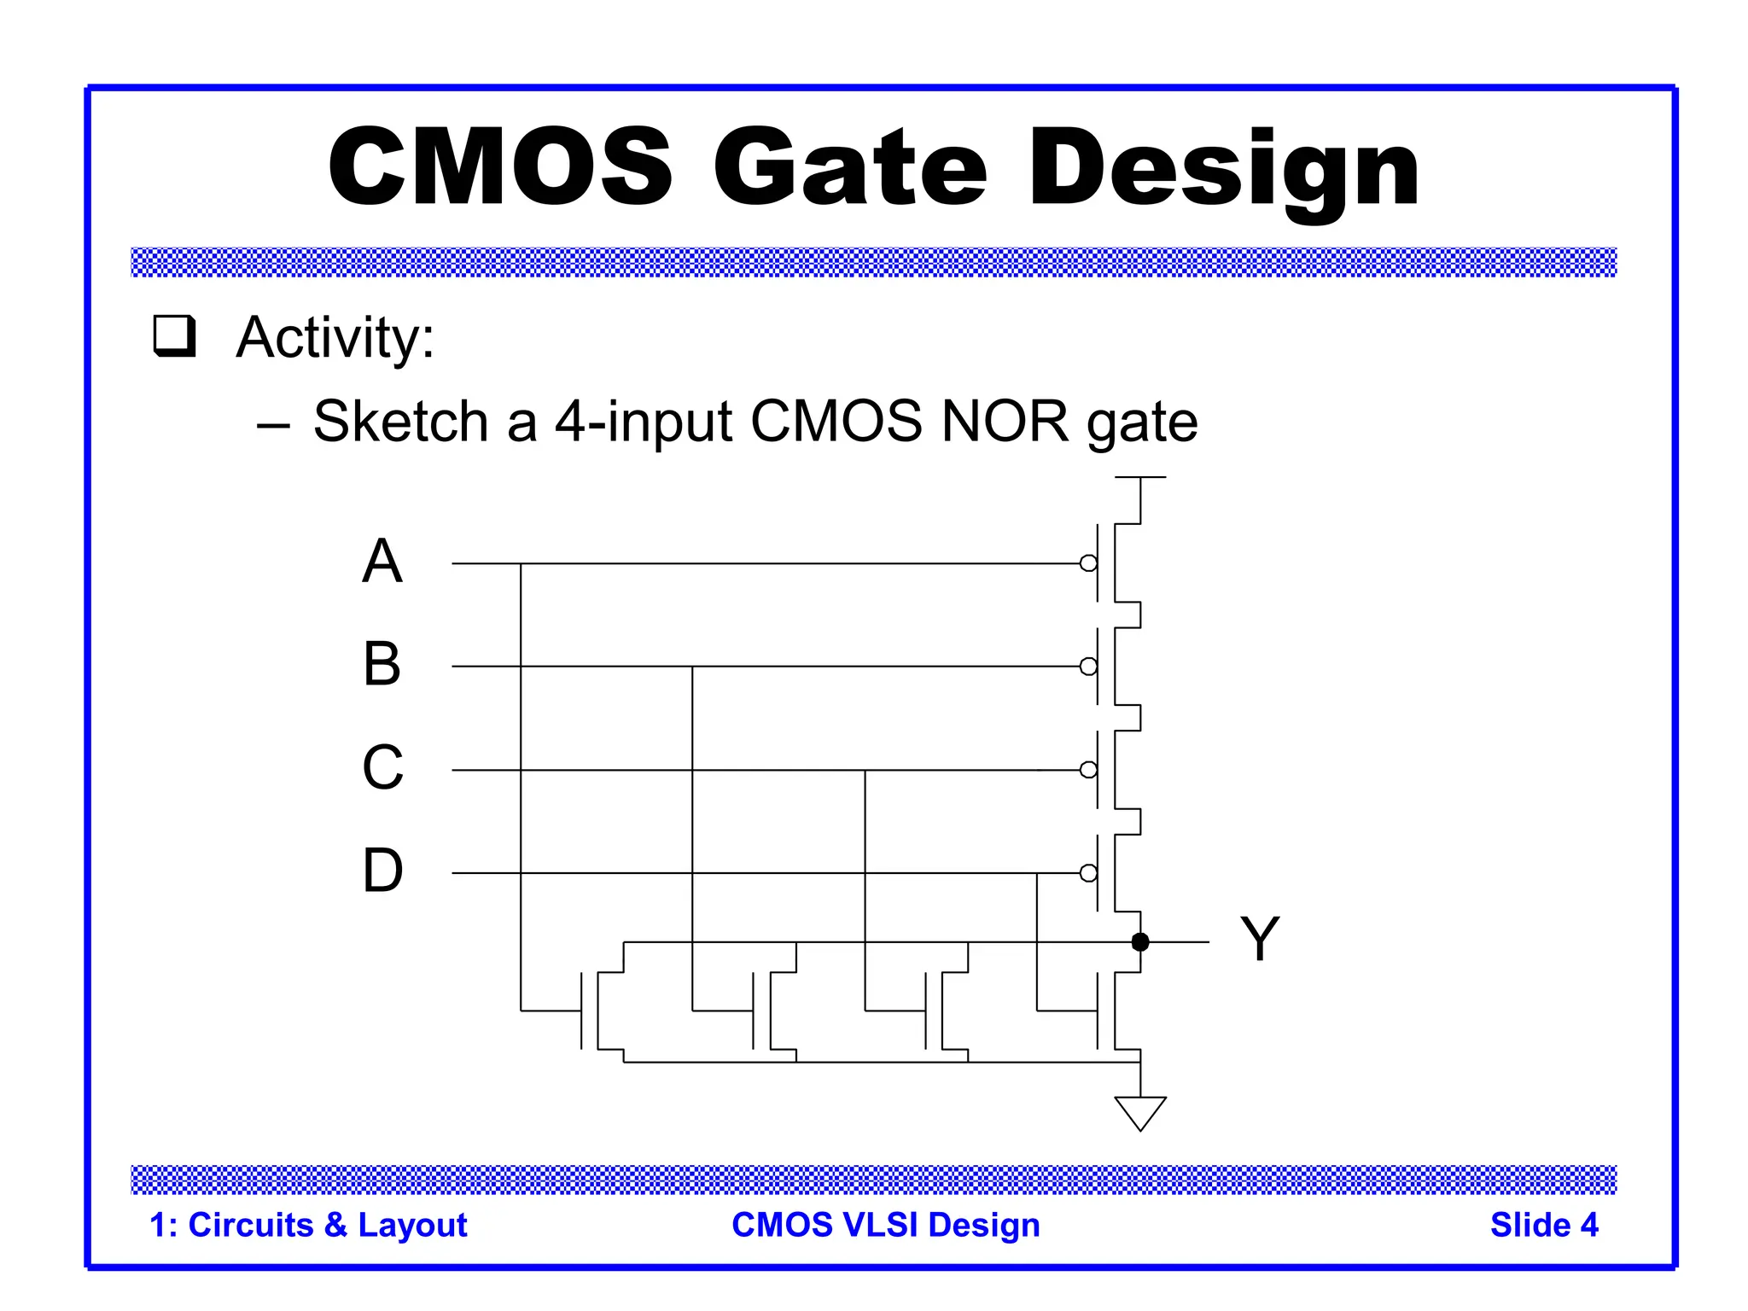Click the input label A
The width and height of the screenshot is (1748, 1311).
pyautogui.click(x=382, y=562)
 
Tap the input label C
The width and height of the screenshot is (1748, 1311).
pyautogui.click(x=382, y=767)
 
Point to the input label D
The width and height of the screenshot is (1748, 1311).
pyautogui.click(x=382, y=871)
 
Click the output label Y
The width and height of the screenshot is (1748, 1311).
pyautogui.click(x=1260, y=939)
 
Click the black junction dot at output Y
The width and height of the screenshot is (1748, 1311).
pyautogui.click(x=1140, y=942)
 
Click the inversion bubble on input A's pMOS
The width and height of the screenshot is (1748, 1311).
pyautogui.click(x=1088, y=563)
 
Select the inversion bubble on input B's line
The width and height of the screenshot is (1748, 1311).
pyautogui.click(x=1088, y=667)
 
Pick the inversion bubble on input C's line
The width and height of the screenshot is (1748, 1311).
pyautogui.click(x=1088, y=770)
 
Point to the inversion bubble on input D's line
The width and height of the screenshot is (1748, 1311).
pyautogui.click(x=1088, y=873)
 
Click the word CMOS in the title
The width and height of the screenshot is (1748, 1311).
pyautogui.click(x=501, y=166)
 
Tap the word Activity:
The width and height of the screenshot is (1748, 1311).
pyautogui.click(x=335, y=338)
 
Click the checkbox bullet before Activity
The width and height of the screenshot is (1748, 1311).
pyautogui.click(x=174, y=336)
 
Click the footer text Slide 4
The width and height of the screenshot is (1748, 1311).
pyautogui.click(x=1543, y=1226)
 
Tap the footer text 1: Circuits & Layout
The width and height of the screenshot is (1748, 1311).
pyautogui.click(x=308, y=1226)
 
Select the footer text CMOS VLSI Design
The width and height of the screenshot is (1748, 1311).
pyautogui.click(x=886, y=1226)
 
